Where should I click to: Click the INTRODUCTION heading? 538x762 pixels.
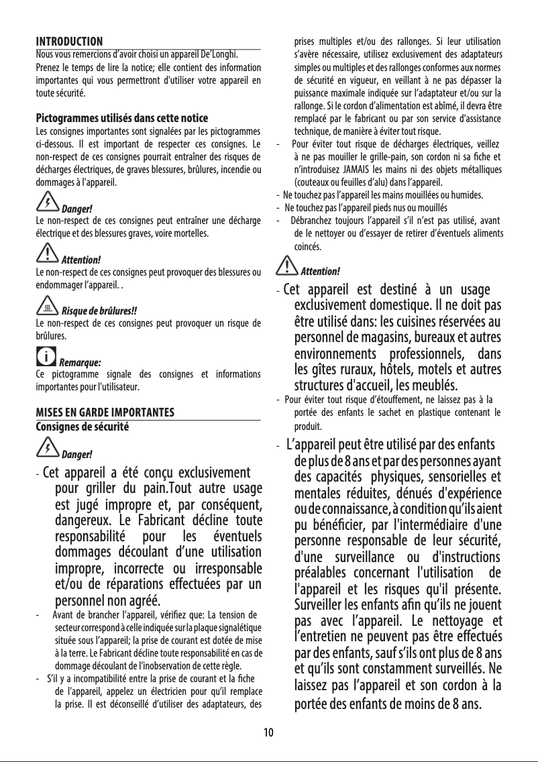(x=68, y=42)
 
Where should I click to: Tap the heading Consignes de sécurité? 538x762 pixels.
(x=82, y=425)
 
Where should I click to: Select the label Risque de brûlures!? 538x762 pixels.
(x=99, y=311)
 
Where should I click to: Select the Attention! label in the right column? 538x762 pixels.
(x=320, y=272)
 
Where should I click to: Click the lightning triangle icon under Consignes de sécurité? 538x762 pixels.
(x=48, y=445)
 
